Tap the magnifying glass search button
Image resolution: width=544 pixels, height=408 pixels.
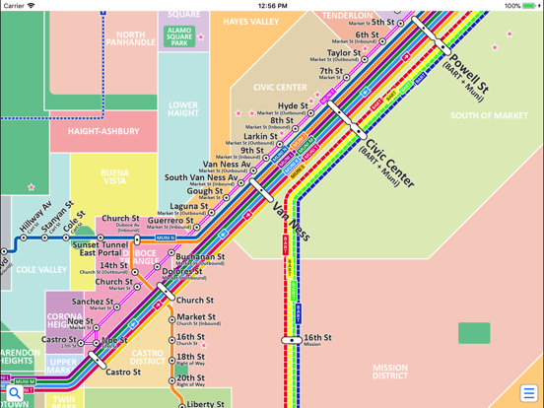pos(15,393)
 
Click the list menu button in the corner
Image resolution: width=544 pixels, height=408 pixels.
pos(528,393)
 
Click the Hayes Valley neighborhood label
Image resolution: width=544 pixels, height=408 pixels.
pos(250,21)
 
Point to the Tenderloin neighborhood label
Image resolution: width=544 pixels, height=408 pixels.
pos(348,16)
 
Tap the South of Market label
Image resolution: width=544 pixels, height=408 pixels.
pos(490,115)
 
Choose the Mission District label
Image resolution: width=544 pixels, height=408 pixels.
pos(390,372)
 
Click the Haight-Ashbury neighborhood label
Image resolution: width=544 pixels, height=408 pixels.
pos(103,130)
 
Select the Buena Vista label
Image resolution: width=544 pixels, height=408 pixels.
pos(114,177)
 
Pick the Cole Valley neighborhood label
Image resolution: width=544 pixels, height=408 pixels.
pos(41,269)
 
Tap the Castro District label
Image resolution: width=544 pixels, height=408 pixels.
pos(147,357)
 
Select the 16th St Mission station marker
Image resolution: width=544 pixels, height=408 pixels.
pos(292,340)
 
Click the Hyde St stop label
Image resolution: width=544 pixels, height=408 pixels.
pos(293,105)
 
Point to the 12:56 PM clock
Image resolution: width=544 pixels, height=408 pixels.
pos(272,6)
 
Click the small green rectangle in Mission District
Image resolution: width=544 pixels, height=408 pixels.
pos(474,333)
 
